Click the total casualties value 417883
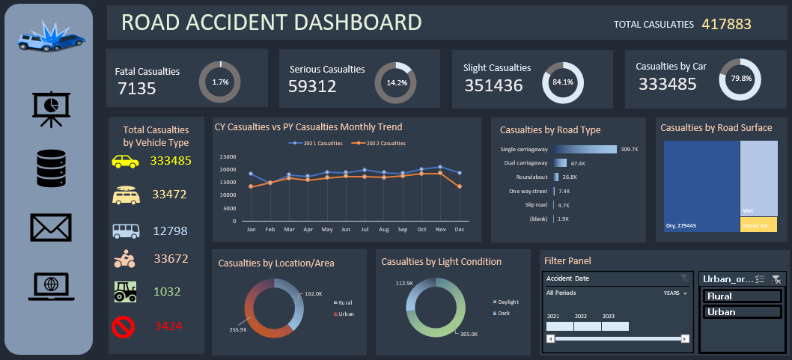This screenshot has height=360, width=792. click(x=726, y=24)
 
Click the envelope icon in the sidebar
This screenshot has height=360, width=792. click(x=51, y=228)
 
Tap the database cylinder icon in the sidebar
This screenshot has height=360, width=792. click(x=51, y=168)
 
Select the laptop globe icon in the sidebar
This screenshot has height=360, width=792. click(x=51, y=286)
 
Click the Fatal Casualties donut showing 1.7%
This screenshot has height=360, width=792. click(x=220, y=82)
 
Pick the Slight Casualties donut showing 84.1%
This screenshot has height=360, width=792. click(x=562, y=82)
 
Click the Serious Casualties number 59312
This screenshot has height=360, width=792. click(x=312, y=85)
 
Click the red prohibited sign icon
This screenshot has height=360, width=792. click(x=125, y=326)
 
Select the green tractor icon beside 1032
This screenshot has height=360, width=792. click(x=125, y=291)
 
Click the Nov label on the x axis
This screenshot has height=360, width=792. click(x=442, y=229)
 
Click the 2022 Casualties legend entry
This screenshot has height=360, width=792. click(x=380, y=143)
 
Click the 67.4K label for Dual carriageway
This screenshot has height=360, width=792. click(x=577, y=163)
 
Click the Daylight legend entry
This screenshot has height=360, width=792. click(x=505, y=302)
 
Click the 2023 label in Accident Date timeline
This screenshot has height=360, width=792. click(x=609, y=316)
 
